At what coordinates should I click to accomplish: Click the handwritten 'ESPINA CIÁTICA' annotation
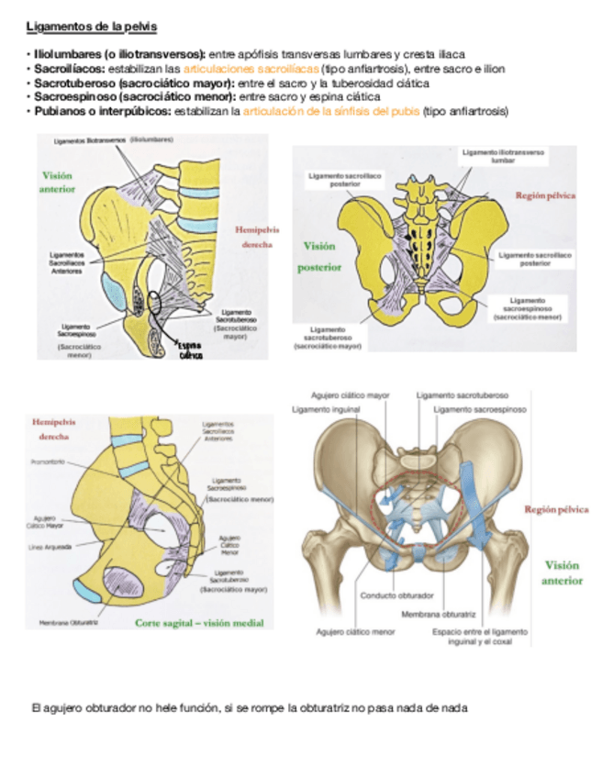[190, 351]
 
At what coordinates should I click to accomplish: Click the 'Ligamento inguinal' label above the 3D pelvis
[326, 408]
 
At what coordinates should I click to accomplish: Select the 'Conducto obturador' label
[390, 594]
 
